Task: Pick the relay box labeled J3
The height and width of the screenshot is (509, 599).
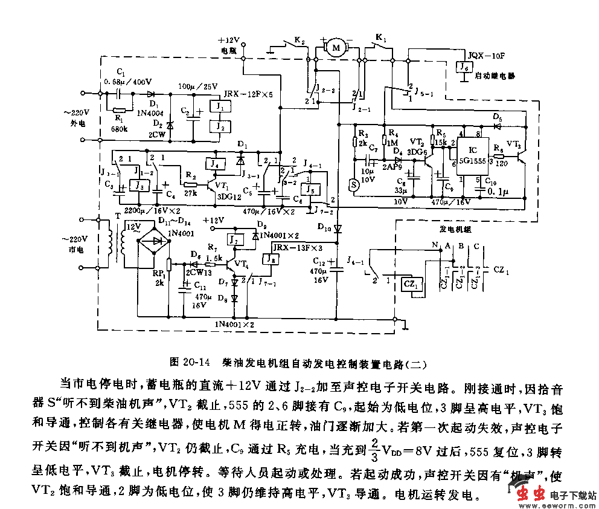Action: click(139, 186)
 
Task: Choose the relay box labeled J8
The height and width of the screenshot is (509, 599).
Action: click(271, 259)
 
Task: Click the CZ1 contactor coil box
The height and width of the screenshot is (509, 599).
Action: click(411, 284)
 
